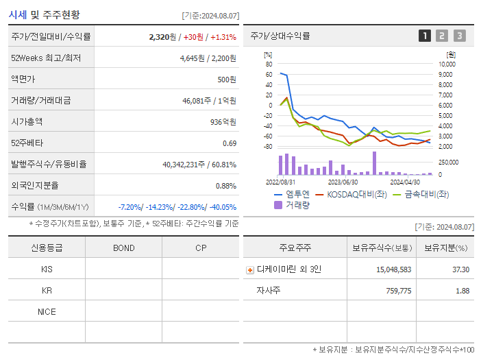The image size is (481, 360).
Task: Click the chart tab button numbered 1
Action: tap(425, 36)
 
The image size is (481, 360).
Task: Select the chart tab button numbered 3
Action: tap(459, 36)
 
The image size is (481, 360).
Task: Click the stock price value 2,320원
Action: tap(162, 36)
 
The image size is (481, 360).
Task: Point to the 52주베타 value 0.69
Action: tap(230, 143)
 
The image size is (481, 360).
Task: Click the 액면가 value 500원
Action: tap(227, 80)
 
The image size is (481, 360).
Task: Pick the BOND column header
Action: tap(123, 248)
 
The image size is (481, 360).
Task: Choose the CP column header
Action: tap(201, 248)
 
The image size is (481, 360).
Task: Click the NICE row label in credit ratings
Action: tap(47, 312)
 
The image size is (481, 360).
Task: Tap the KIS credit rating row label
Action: tap(47, 269)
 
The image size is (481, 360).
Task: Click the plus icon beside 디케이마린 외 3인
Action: tap(249, 269)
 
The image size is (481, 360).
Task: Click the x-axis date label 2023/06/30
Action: tap(343, 182)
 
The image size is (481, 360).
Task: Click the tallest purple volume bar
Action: tap(374, 163)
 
